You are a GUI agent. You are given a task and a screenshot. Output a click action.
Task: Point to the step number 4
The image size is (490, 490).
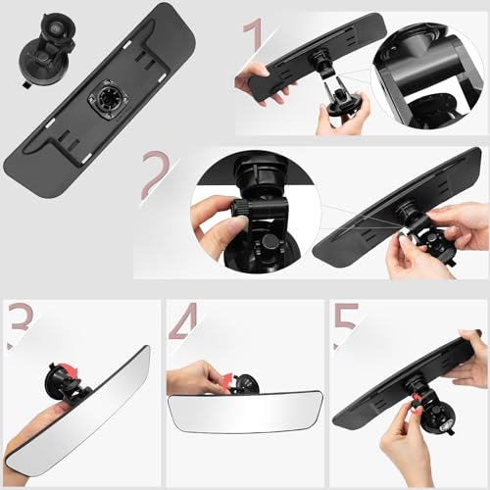184,321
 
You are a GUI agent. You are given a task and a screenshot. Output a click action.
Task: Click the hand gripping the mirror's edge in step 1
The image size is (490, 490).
256,77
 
